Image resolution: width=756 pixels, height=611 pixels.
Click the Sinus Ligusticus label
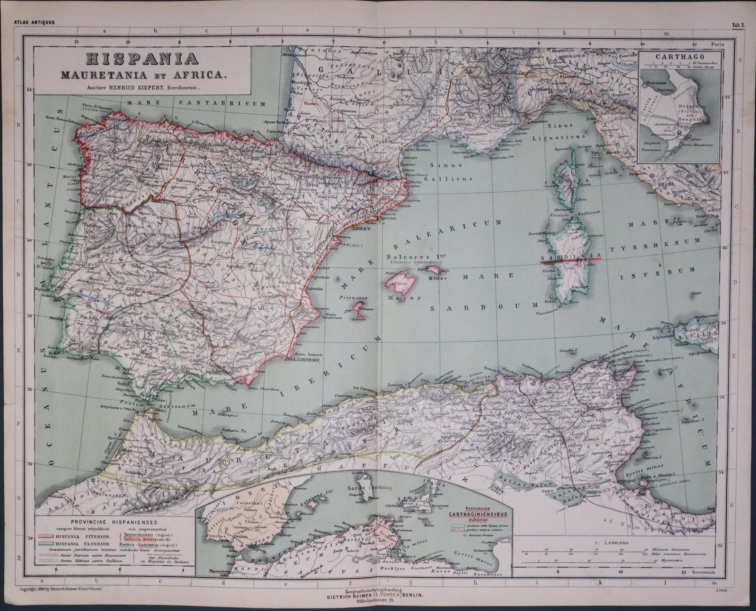566,131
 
